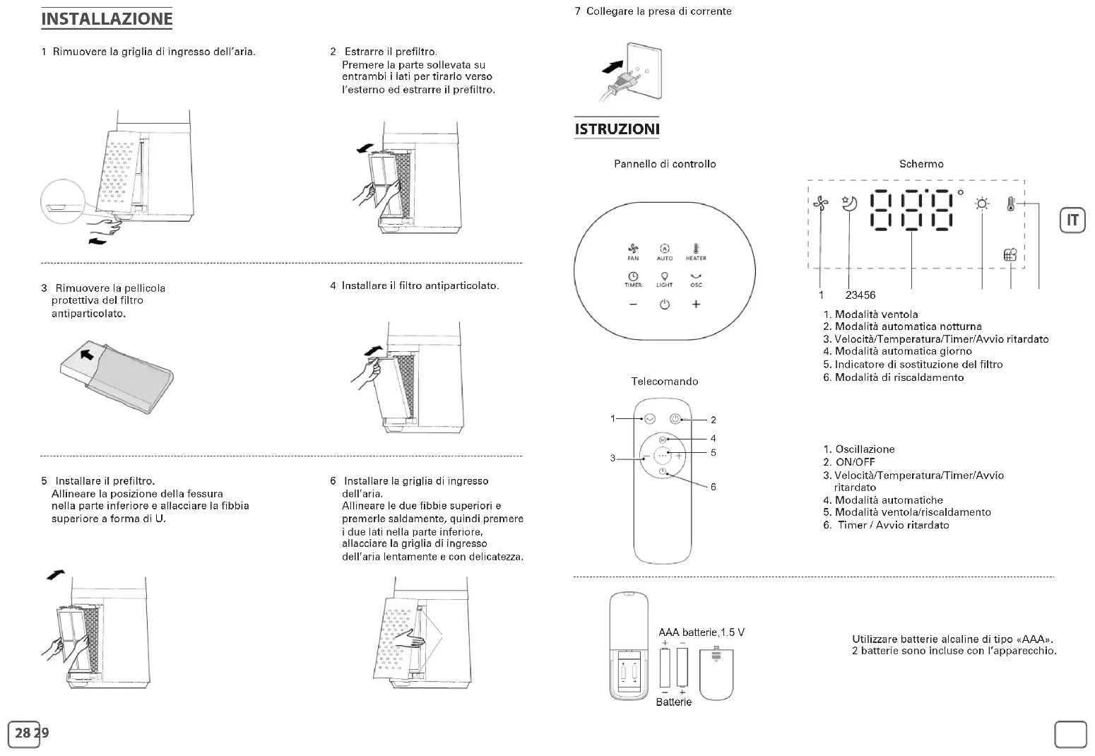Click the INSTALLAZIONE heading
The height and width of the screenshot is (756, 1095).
[107, 19]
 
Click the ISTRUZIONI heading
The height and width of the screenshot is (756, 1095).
[617, 129]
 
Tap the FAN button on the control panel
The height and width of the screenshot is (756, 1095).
[633, 251]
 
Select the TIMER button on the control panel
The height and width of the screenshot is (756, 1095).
[633, 278]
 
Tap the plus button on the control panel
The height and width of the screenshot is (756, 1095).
[696, 305]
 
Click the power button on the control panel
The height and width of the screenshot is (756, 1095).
[664, 305]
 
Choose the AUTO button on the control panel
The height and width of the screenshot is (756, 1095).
[664, 251]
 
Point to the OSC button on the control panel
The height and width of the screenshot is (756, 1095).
[696, 278]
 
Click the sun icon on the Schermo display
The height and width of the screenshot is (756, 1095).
[982, 204]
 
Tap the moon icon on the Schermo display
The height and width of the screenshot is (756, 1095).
[849, 203]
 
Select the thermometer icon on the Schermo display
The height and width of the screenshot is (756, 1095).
[1011, 204]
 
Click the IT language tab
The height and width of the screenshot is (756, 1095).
[1072, 220]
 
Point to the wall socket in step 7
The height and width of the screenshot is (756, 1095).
[644, 72]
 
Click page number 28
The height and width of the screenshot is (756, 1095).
[23, 733]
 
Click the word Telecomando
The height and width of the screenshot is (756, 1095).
[664, 382]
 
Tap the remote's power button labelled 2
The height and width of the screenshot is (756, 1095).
[675, 418]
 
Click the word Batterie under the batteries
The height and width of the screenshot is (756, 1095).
[673, 702]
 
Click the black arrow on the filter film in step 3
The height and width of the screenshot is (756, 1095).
[87, 353]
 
